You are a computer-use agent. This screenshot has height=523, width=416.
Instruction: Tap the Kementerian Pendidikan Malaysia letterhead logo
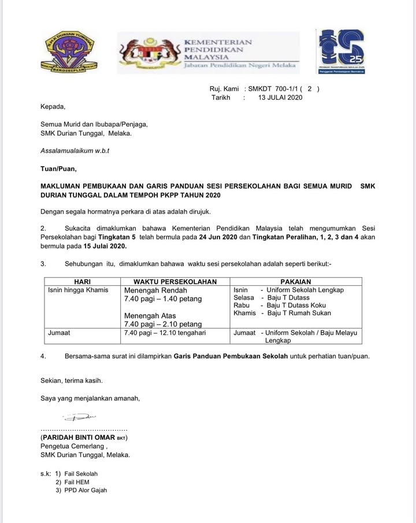pos(208,53)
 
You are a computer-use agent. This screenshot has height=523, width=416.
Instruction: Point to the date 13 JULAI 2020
pos(280,98)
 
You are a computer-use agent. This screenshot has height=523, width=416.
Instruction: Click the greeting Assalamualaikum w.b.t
pos(75,151)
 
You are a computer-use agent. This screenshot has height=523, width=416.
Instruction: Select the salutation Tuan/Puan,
pos(58,169)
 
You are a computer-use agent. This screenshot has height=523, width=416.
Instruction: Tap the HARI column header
pos(82,282)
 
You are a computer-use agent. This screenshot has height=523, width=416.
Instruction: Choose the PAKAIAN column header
pos(296,282)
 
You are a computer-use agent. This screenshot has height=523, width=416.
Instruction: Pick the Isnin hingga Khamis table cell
pos(77,290)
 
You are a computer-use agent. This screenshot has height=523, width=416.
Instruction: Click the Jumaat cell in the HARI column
pos(60,333)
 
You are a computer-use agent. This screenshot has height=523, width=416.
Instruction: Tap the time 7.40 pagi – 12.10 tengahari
pos(165,333)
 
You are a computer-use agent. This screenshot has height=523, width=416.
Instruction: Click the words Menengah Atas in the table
pos(150,316)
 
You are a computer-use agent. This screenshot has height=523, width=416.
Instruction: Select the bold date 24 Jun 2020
pos(215,237)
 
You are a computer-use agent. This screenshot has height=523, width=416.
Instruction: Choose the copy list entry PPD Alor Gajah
pos(86,490)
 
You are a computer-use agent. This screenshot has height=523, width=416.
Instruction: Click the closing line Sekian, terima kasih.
pos(72,380)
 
